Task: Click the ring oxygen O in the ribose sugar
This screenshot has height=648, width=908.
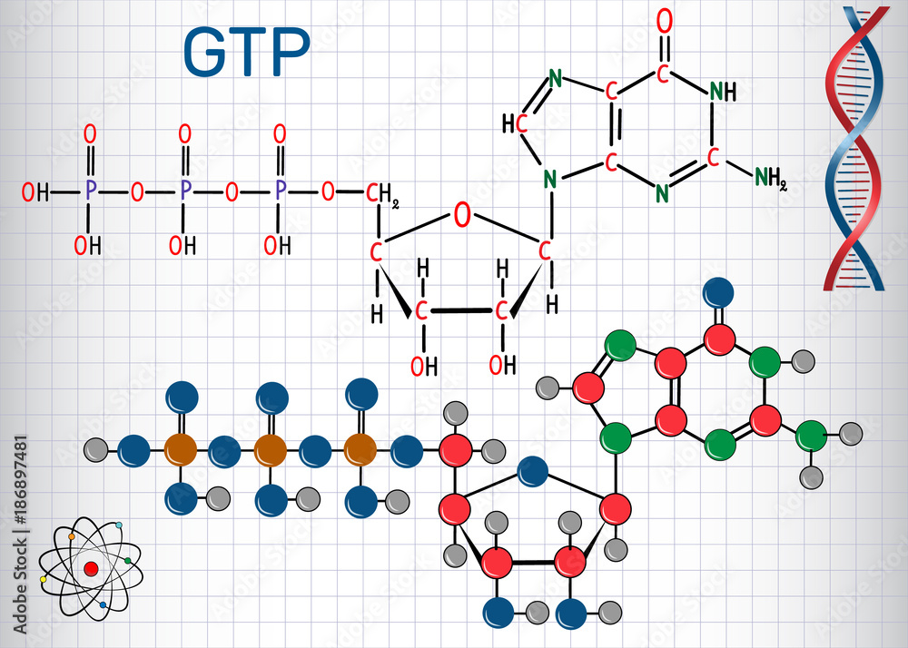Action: (462, 216)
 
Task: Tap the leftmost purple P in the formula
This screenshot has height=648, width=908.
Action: (89, 191)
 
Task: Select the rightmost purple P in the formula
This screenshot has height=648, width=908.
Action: (280, 191)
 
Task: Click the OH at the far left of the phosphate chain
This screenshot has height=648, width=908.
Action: (35, 192)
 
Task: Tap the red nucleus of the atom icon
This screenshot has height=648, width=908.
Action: (90, 568)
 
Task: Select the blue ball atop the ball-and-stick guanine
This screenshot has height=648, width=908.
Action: (719, 292)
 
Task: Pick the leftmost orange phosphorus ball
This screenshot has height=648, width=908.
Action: (181, 448)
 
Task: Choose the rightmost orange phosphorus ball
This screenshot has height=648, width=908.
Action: (360, 448)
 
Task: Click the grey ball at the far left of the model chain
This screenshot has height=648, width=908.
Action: (96, 448)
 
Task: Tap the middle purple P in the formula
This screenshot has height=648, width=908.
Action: (185, 191)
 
